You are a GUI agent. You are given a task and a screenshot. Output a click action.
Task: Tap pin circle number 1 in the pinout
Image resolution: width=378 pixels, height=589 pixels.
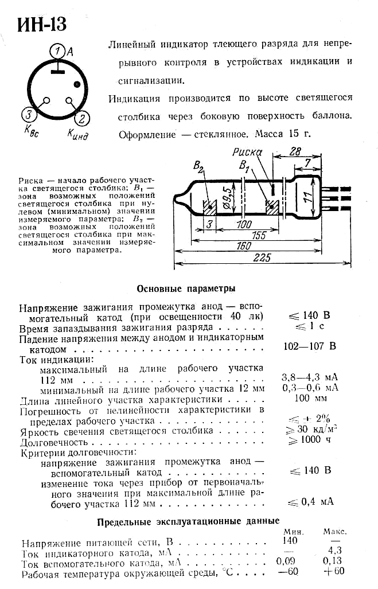click(57, 52)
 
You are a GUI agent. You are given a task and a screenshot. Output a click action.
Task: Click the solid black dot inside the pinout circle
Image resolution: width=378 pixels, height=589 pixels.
click(76, 85)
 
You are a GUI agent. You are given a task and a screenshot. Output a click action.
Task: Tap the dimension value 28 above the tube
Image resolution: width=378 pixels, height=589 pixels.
click(295, 152)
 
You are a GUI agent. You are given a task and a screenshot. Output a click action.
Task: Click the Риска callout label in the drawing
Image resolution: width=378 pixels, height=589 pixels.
click(247, 152)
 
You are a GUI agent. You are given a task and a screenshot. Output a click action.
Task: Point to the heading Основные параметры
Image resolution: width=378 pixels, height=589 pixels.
click(186, 288)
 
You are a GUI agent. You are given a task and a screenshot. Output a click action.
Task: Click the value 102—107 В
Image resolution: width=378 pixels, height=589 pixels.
click(310, 346)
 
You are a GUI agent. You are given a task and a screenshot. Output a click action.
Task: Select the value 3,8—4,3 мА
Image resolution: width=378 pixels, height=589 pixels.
click(310, 377)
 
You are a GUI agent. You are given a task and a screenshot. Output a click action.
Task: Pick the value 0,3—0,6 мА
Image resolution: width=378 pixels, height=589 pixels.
click(310, 388)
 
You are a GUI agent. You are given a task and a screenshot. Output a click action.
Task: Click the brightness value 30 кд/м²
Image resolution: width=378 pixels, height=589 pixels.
click(314, 429)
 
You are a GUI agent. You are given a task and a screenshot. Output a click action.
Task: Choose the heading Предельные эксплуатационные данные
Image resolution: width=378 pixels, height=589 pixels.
click(188, 521)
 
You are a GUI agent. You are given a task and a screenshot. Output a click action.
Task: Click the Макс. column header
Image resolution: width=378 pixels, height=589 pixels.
click(335, 532)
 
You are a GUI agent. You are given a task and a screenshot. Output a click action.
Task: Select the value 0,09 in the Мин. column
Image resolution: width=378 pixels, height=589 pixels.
click(288, 561)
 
